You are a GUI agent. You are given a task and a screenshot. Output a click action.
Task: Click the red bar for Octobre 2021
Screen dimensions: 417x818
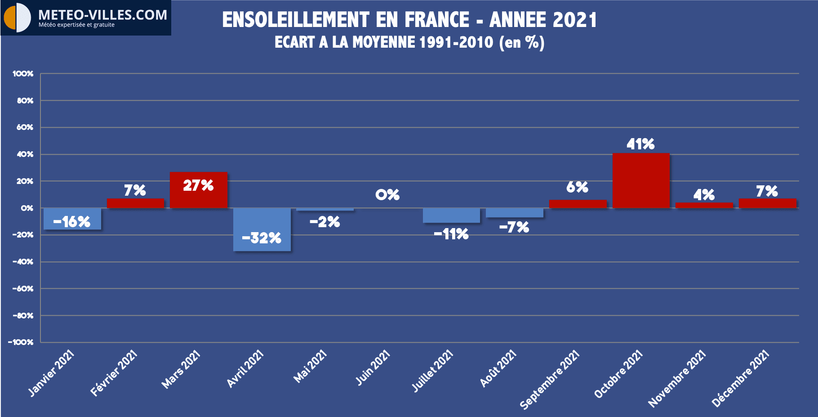[x=641, y=180]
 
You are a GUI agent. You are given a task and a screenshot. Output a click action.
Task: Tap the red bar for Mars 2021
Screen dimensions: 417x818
[x=198, y=198]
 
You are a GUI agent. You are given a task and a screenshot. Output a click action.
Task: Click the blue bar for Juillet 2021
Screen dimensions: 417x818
[x=451, y=215]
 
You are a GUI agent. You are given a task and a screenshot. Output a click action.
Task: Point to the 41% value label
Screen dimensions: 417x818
[x=640, y=144]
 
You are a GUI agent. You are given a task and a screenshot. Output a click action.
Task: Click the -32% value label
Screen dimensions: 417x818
[x=262, y=238]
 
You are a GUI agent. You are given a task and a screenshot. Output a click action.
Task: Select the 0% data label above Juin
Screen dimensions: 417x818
[x=387, y=195]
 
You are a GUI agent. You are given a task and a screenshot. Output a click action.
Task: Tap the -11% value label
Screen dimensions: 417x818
[x=451, y=234]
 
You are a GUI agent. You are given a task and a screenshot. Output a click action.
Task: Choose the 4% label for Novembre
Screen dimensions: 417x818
[x=704, y=195]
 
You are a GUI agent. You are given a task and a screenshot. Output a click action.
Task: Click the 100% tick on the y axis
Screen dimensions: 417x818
[x=23, y=73]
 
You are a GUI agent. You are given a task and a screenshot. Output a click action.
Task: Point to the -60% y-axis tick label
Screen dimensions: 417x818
[x=22, y=288]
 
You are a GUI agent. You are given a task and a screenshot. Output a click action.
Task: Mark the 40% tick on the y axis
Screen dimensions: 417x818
[x=25, y=154]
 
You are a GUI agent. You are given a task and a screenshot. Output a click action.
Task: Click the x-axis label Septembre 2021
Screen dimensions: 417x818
[x=550, y=380]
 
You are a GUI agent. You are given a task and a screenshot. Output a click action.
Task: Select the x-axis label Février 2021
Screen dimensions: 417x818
[x=114, y=373]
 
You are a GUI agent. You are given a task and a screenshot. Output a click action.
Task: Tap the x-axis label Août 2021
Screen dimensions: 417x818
[x=498, y=369]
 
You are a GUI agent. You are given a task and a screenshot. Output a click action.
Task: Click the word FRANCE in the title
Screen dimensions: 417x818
[x=437, y=20]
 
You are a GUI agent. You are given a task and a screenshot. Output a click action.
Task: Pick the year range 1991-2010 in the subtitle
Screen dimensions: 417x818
[x=456, y=42]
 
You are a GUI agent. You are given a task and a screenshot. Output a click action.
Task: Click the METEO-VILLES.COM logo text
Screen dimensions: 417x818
[x=102, y=15]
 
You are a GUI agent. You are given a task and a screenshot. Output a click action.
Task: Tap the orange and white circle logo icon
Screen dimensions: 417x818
[x=17, y=18]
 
